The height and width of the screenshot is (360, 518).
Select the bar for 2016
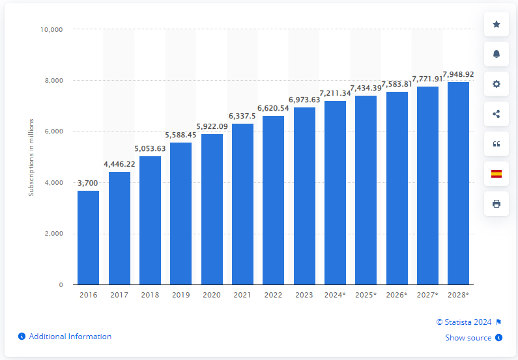pos(88,238)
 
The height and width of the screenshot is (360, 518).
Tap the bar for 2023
pos(304,196)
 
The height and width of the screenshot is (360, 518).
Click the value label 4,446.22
pos(119,165)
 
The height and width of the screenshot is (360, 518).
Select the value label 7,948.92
pos(458,74)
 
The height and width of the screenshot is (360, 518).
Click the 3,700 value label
pos(88,183)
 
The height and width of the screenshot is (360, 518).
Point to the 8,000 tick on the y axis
pos(52,81)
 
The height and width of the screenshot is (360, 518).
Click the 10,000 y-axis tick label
pos(50,29)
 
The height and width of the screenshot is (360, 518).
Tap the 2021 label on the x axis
pos(242,296)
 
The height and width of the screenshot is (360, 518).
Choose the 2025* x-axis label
pos(366,296)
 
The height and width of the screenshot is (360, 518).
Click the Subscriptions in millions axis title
pos(30,157)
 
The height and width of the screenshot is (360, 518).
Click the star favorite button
pos(496,24)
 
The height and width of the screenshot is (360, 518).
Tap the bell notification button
pos(496,54)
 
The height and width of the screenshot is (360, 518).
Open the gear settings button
pos(496,84)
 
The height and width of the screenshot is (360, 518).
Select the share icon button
pos(496,114)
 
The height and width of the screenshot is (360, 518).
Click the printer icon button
pos(496,204)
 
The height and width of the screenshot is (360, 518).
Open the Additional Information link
pos(70,337)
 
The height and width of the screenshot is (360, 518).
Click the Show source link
pos(469,337)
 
